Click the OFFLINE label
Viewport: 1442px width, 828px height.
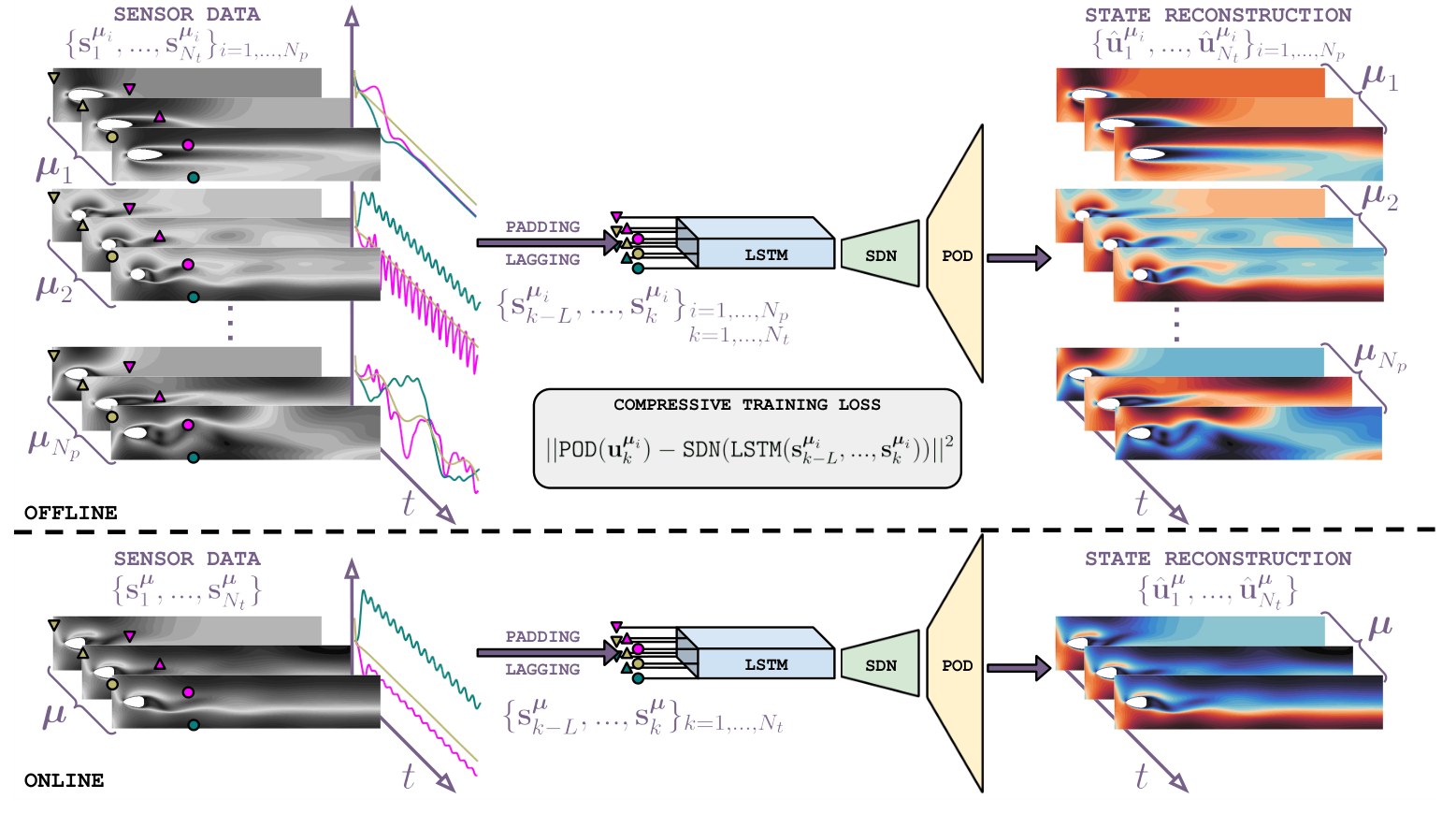click(x=71, y=513)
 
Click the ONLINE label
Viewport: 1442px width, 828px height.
click(x=64, y=780)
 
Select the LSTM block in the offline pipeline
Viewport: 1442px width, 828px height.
click(x=766, y=254)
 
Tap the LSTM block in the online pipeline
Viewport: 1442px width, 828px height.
click(x=766, y=663)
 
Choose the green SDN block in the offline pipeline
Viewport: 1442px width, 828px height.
click(x=880, y=255)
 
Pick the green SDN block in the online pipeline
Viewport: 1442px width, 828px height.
click(x=880, y=665)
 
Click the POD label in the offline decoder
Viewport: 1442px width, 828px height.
click(x=957, y=255)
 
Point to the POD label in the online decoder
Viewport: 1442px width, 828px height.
click(x=957, y=665)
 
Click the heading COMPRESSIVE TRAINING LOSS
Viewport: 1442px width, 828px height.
click(x=746, y=404)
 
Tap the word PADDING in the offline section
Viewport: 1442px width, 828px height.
click(x=542, y=226)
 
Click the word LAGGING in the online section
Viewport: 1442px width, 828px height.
click(x=542, y=669)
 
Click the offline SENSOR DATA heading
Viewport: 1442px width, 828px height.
click(x=187, y=14)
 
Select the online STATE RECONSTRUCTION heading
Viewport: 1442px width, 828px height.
click(x=1218, y=559)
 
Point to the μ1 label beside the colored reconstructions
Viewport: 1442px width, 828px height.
click(x=1379, y=78)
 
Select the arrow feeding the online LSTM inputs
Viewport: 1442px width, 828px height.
click(x=547, y=652)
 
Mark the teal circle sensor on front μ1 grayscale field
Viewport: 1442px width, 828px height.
click(x=194, y=177)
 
